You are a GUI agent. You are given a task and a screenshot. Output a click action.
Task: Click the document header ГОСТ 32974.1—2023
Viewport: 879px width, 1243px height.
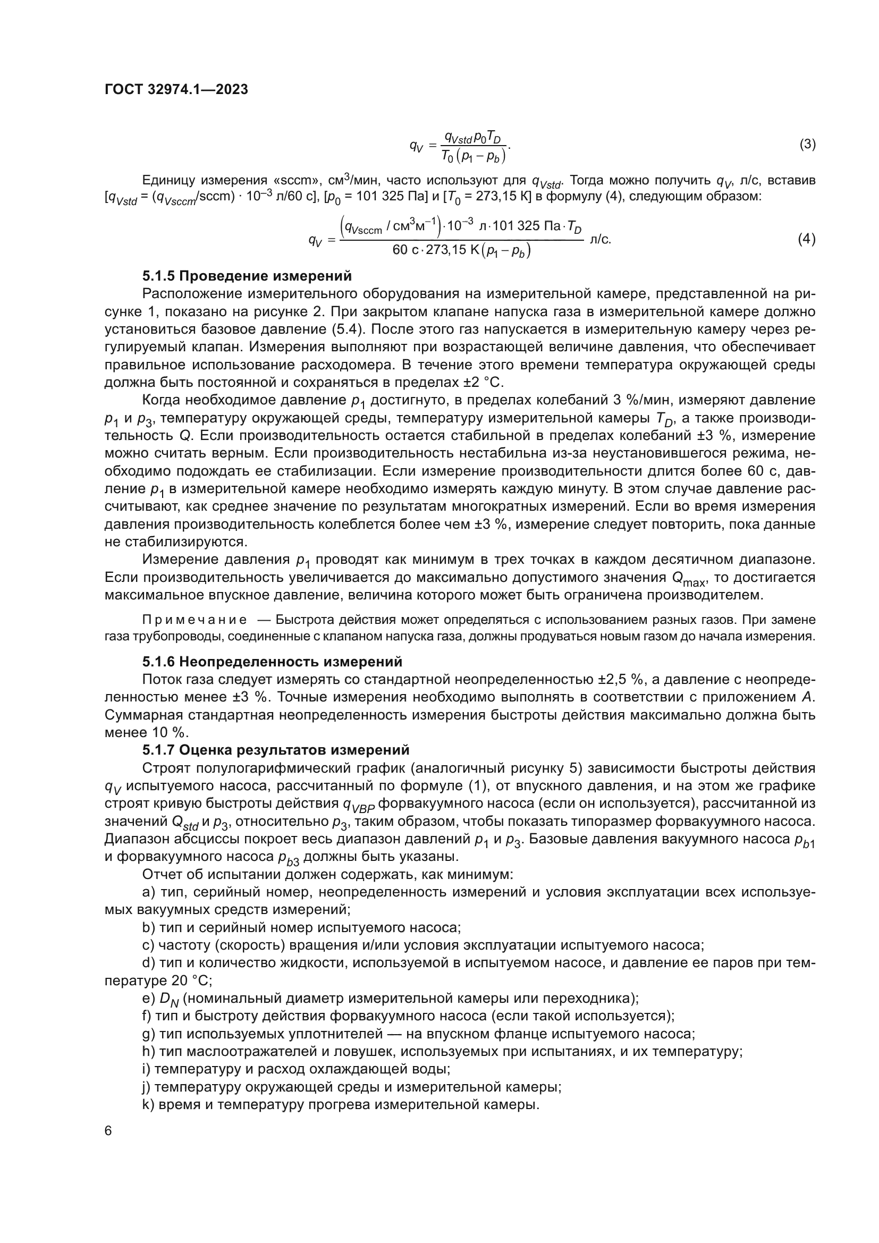click(x=176, y=89)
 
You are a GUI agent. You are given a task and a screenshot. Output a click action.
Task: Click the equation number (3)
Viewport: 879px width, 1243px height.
click(x=807, y=145)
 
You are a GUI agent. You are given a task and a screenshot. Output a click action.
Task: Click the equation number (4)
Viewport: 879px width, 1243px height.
click(x=807, y=239)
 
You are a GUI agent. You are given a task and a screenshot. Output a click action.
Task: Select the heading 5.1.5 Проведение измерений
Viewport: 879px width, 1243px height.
click(x=247, y=276)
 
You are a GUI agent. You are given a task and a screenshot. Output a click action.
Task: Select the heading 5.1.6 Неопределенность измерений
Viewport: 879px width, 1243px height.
click(x=272, y=662)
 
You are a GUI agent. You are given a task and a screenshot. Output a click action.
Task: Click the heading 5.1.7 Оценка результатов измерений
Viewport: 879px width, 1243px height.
click(x=275, y=750)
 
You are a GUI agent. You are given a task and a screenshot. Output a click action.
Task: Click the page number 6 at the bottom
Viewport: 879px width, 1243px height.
click(x=108, y=1131)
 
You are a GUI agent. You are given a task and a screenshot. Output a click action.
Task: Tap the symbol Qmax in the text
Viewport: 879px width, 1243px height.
click(x=688, y=579)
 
